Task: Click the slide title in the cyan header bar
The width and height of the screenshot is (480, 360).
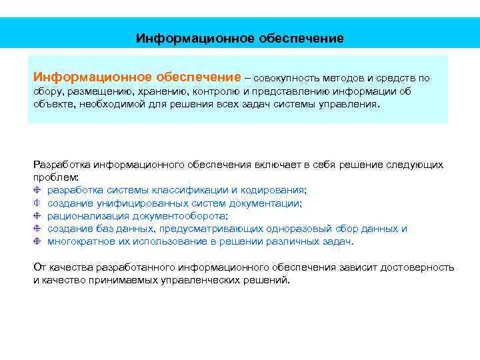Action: (240, 38)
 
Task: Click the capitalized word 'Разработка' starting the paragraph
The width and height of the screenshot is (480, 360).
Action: (61, 164)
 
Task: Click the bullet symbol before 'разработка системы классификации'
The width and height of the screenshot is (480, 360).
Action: (37, 190)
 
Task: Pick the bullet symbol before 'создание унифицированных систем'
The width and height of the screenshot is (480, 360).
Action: (37, 203)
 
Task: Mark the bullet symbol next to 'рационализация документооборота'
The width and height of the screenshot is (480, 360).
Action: (37, 216)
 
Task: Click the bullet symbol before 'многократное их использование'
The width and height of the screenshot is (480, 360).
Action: (37, 241)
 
